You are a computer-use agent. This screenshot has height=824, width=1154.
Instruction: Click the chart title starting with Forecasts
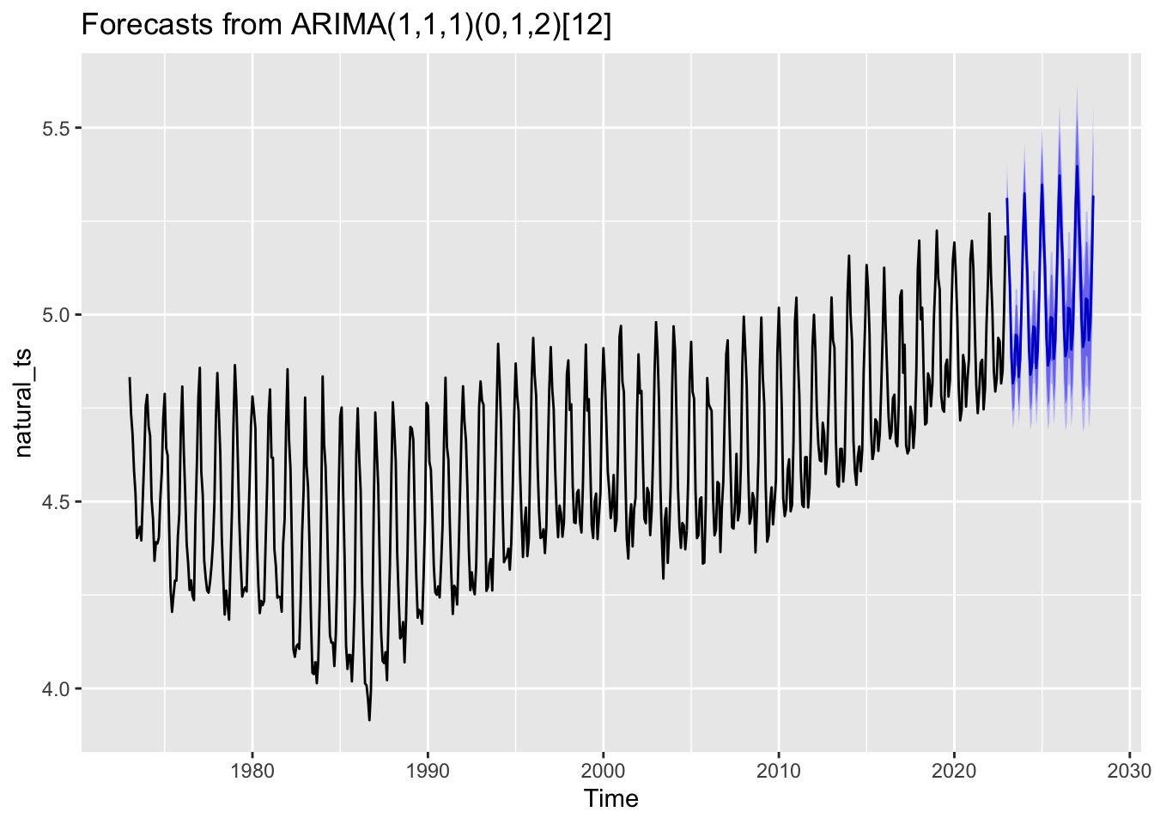346,26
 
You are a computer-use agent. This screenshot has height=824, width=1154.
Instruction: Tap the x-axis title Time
611,799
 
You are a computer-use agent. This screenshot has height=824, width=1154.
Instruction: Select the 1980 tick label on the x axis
252,770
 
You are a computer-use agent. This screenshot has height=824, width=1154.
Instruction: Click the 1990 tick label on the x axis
428,770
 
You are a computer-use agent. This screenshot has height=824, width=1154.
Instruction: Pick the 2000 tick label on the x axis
604,770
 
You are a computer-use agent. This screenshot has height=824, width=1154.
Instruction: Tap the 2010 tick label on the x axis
779,770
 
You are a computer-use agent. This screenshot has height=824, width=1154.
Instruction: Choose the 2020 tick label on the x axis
955,770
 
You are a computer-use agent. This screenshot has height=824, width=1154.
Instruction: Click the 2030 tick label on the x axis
1130,770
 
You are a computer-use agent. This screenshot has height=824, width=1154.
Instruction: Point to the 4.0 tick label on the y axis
58,688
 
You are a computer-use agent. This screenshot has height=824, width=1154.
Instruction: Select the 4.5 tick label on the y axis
58,501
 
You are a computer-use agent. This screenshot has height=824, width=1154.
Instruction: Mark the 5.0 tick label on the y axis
58,314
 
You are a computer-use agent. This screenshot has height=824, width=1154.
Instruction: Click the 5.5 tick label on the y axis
58,128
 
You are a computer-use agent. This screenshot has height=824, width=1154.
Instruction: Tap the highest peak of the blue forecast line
1077,166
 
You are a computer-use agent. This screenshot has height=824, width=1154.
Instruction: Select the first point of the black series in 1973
130,378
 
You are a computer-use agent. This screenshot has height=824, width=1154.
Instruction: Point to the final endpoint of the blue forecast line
1094,197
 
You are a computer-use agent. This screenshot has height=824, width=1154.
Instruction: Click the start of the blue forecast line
1007,199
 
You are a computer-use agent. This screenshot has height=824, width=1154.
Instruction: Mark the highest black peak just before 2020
937,230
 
